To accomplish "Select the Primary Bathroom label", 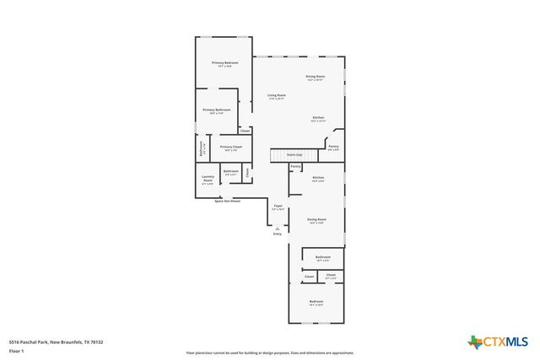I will click(x=217, y=110).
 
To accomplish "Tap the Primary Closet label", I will click(x=231, y=148).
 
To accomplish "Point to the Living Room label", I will click(x=277, y=96).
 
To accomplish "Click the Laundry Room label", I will click(x=208, y=180).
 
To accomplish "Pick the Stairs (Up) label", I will click(x=294, y=155).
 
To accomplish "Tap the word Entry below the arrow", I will click(x=277, y=234).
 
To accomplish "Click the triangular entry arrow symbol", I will click(x=277, y=227).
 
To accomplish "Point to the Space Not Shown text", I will click(x=227, y=201).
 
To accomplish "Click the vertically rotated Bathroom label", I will click(x=201, y=148).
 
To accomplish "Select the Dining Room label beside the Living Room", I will click(x=316, y=78).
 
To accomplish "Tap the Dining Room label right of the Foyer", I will click(x=317, y=220).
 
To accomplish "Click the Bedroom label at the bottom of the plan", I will click(x=316, y=302).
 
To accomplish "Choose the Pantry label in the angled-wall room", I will click(x=333, y=147).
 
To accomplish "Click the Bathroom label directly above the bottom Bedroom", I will click(x=323, y=257).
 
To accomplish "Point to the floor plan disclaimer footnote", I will click(x=270, y=353).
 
